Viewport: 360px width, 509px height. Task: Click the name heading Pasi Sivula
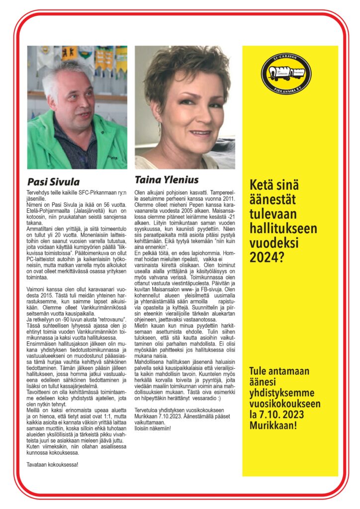click(53, 181)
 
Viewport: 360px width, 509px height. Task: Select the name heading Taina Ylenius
click(167, 179)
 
